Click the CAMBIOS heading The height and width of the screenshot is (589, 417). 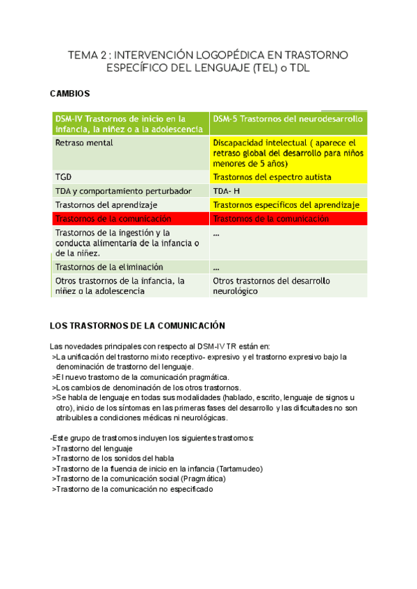(71, 93)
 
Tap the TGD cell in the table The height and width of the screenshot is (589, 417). (63, 177)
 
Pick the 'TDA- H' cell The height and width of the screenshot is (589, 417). (227, 191)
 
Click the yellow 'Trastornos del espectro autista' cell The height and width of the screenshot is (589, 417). (272, 177)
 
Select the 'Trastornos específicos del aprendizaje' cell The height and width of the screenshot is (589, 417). (286, 205)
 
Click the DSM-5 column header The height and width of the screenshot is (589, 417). (288, 119)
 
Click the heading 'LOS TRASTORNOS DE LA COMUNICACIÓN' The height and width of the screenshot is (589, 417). (138, 325)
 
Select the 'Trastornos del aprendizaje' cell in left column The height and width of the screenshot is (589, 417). (106, 205)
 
